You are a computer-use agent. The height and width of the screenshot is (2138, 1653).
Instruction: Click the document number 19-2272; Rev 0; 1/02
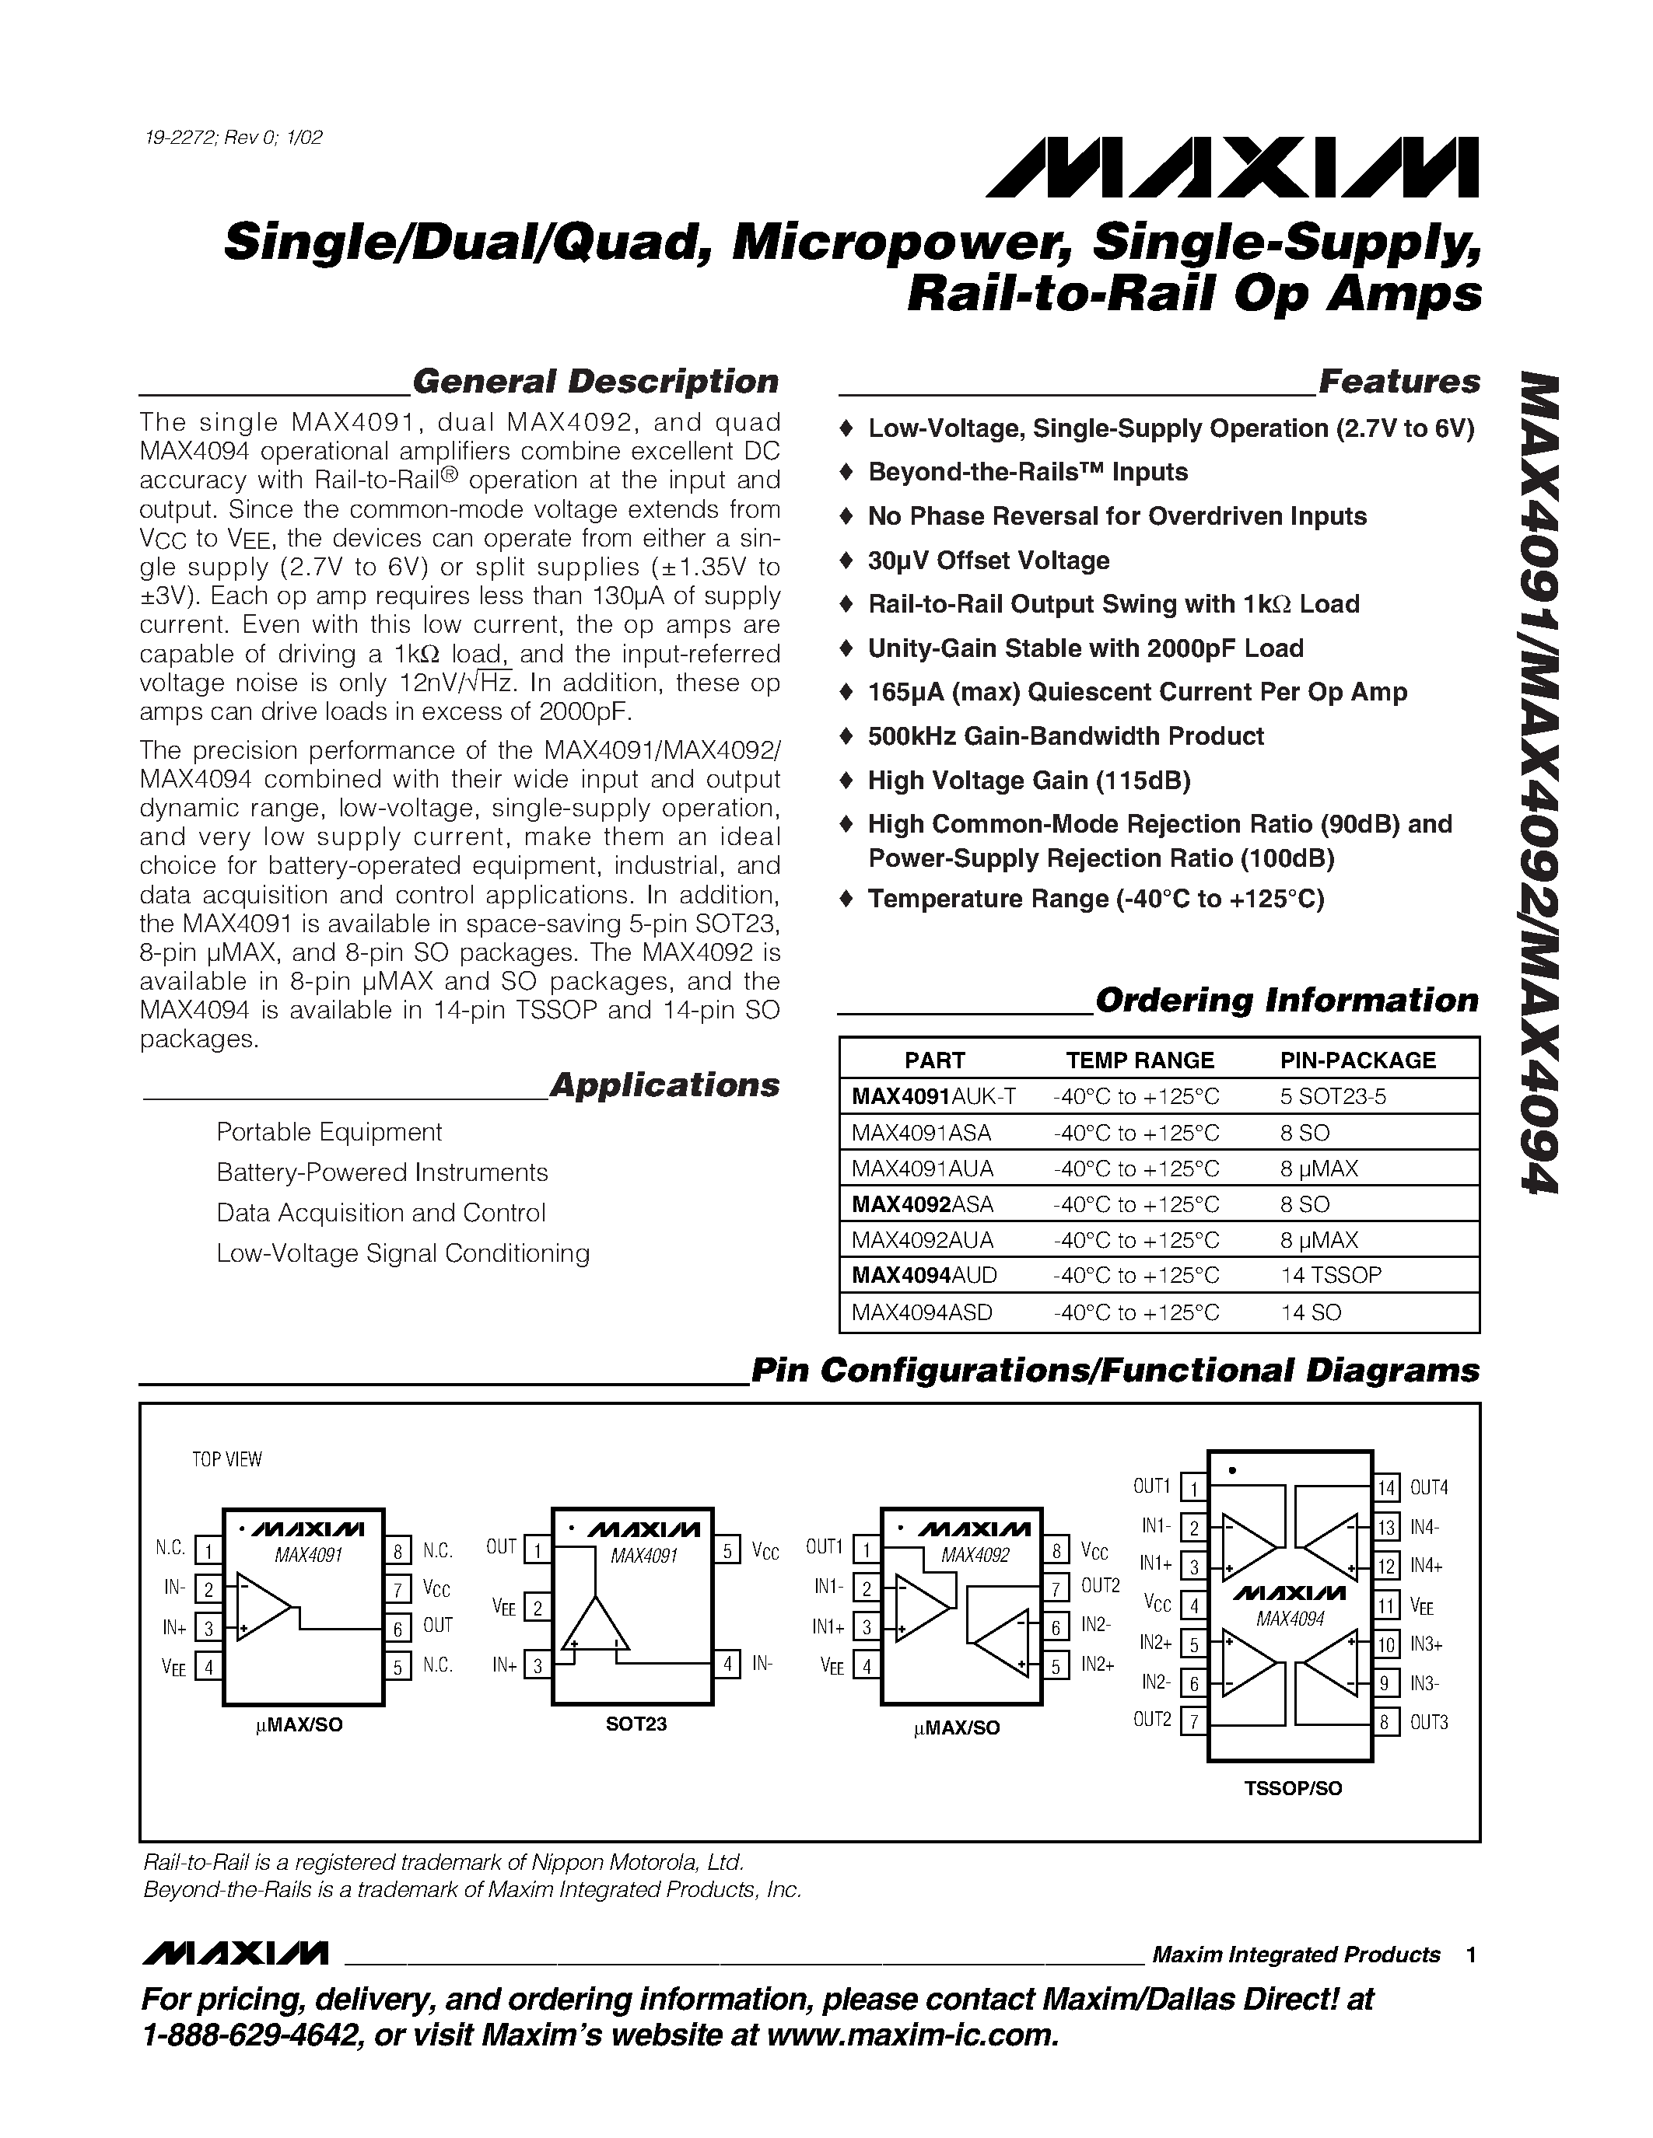[x=233, y=137]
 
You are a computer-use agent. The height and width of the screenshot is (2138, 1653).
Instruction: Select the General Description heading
[x=595, y=381]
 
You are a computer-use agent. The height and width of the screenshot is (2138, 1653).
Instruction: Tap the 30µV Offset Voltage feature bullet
[x=988, y=560]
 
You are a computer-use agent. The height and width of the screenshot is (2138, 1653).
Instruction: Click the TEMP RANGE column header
[x=1139, y=1060]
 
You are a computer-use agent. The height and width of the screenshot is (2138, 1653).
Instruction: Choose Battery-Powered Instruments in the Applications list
[x=382, y=1172]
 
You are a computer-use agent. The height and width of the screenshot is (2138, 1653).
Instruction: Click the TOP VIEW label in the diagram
[x=226, y=1459]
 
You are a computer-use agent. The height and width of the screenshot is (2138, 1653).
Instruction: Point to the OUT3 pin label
[x=1429, y=1722]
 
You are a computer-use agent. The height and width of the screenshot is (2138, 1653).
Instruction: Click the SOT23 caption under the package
[x=636, y=1724]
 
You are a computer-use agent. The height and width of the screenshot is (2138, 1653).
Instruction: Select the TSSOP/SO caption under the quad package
[x=1293, y=1788]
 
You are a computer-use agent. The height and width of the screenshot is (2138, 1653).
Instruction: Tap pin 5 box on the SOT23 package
[x=727, y=1551]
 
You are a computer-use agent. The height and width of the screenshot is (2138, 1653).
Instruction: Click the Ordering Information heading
[x=1286, y=1000]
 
